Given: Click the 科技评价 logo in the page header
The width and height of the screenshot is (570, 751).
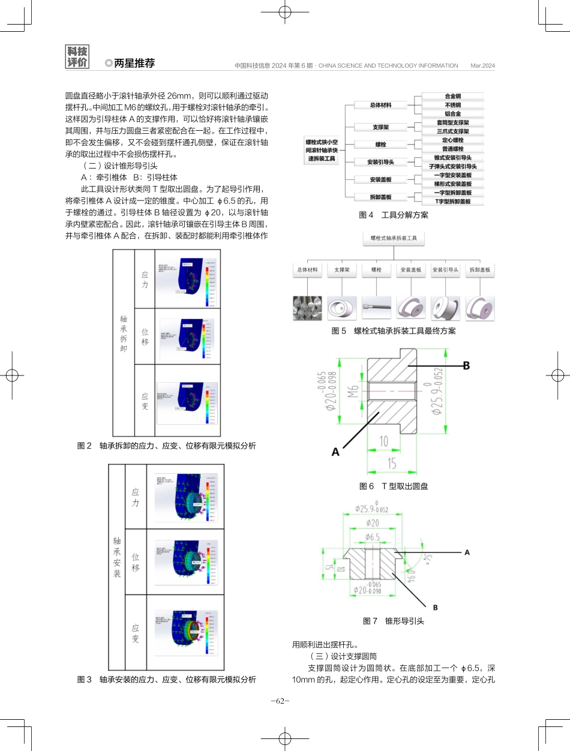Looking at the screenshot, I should click(x=77, y=57).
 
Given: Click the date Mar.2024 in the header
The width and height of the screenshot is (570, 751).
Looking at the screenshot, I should click(x=482, y=65).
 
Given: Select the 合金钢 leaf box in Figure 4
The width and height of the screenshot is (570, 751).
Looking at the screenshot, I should click(x=453, y=96).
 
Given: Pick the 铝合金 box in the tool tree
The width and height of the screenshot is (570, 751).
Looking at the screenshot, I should click(x=453, y=113).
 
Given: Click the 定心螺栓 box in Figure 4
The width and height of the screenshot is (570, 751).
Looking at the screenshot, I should click(x=453, y=140).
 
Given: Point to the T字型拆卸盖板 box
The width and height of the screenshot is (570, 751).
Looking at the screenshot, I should click(x=453, y=202).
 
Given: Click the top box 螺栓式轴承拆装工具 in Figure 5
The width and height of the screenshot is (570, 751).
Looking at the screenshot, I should click(x=393, y=238).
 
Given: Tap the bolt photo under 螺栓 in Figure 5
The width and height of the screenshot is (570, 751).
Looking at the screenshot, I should click(x=376, y=307).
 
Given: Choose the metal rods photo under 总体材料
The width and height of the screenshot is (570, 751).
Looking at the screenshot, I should click(x=307, y=307).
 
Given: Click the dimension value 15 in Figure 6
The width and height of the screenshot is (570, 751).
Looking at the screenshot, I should click(x=391, y=464).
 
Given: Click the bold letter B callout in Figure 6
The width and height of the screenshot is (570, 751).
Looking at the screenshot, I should click(x=465, y=365).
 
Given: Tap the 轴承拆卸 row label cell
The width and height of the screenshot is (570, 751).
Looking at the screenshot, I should click(x=124, y=343).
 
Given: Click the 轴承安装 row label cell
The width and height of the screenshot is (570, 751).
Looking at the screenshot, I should click(x=117, y=557).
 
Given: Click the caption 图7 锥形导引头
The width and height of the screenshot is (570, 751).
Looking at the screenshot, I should click(x=393, y=621).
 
